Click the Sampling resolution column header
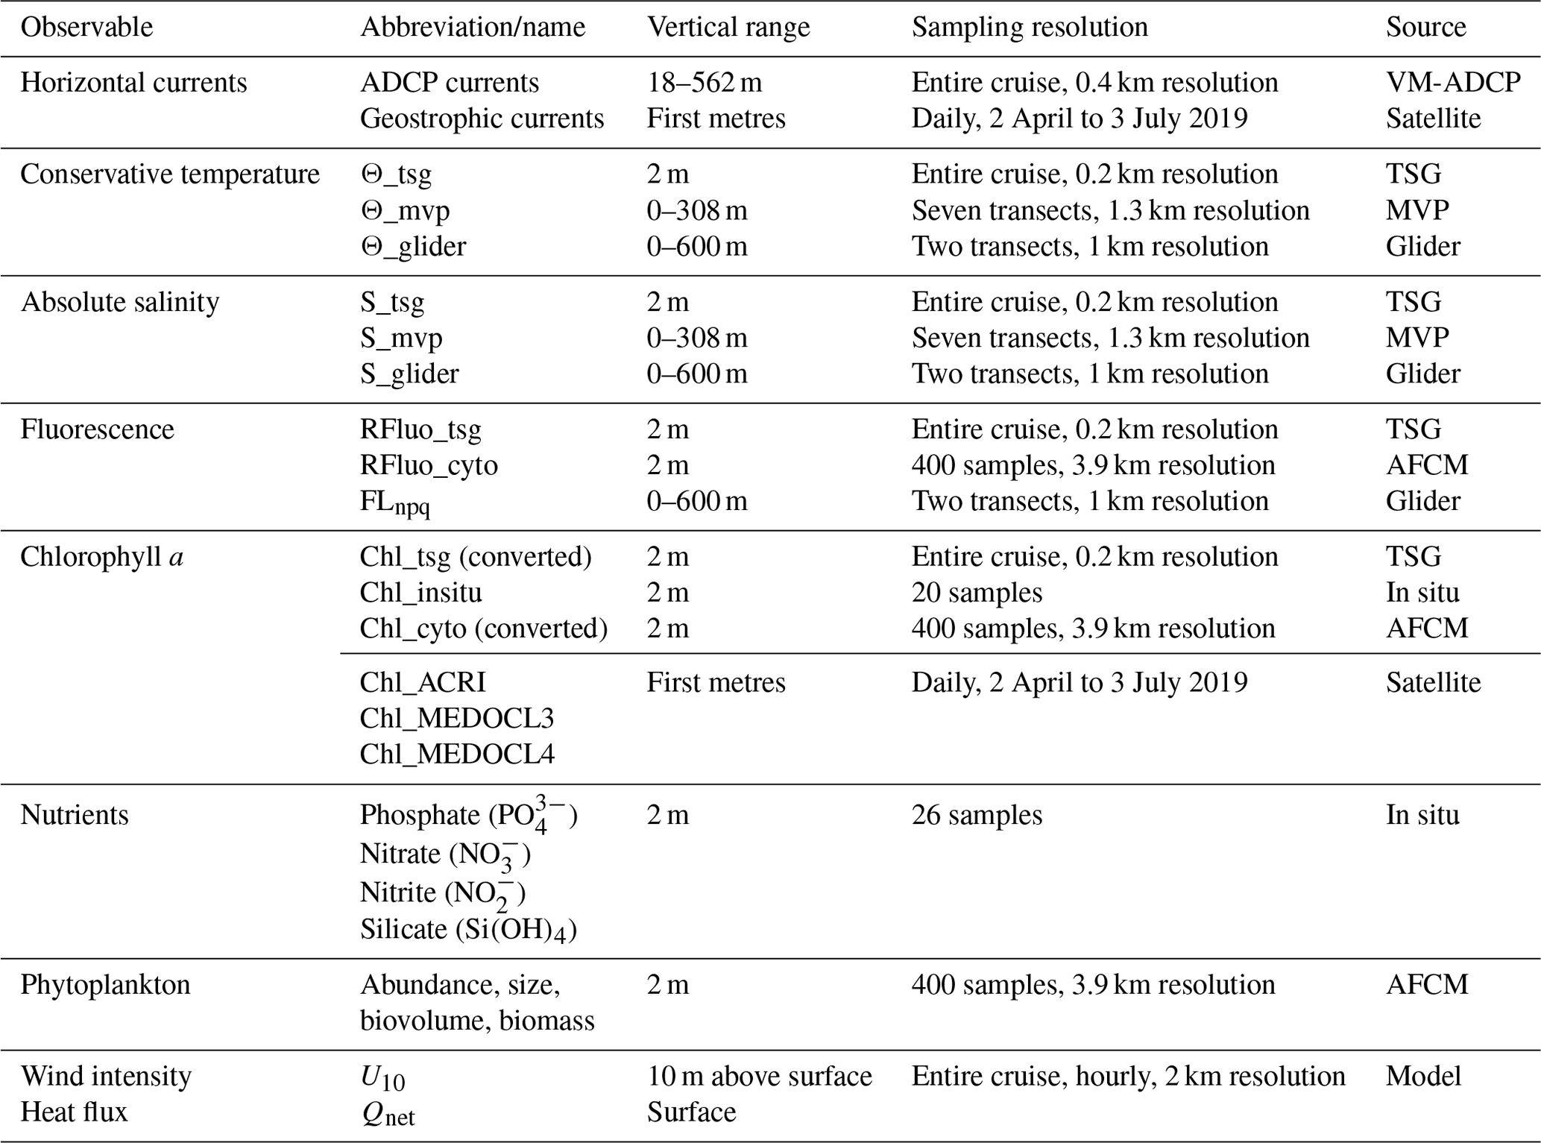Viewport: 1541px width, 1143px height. (x=1029, y=28)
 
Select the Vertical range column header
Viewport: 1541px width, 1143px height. (x=728, y=28)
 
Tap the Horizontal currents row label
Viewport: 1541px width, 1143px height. (x=133, y=82)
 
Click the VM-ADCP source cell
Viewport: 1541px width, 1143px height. (x=1453, y=82)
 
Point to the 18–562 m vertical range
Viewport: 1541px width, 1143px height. (x=704, y=82)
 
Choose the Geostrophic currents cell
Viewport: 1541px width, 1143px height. (x=482, y=119)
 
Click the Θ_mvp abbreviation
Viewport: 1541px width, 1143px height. (x=405, y=211)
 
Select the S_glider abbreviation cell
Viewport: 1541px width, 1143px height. (x=409, y=374)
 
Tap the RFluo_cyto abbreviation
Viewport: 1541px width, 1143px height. (x=429, y=465)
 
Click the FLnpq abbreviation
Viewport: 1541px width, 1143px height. (x=394, y=503)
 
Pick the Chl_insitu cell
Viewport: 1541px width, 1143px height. (x=420, y=593)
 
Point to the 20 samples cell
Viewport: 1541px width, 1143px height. (x=976, y=593)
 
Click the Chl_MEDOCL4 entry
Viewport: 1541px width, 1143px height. (x=457, y=755)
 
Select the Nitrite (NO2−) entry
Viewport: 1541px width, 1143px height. (x=442, y=893)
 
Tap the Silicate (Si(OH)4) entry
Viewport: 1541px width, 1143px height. (x=468, y=930)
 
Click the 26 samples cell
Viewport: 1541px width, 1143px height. (x=976, y=815)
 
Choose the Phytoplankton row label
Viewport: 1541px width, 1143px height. (x=105, y=985)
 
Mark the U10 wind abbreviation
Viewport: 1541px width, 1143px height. (x=382, y=1077)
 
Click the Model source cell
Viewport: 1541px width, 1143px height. (x=1423, y=1076)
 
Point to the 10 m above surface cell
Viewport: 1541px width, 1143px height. (x=759, y=1076)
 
